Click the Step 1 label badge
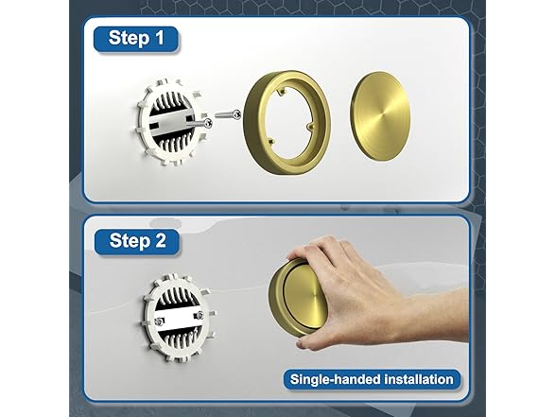[136, 39]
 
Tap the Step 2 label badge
[136, 241]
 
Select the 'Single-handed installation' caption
[372, 379]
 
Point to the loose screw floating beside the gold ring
[229, 114]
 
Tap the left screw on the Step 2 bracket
[159, 321]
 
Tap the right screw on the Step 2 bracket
[200, 315]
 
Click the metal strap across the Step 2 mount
[180, 318]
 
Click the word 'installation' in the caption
[419, 379]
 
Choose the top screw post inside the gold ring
[283, 93]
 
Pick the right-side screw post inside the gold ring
[310, 126]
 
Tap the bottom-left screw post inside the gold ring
[270, 141]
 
